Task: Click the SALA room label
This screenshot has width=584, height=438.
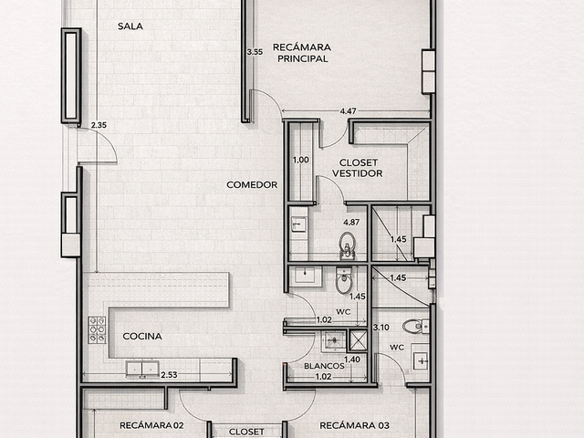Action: pyautogui.click(x=130, y=26)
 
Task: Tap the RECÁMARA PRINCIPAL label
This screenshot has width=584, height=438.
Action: pyautogui.click(x=302, y=53)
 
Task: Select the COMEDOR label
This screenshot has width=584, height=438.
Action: pyautogui.click(x=252, y=184)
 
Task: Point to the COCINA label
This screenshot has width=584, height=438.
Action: pyautogui.click(x=142, y=337)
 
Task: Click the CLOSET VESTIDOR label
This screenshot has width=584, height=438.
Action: pyautogui.click(x=358, y=168)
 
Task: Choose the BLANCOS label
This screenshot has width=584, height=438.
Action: pyautogui.click(x=324, y=366)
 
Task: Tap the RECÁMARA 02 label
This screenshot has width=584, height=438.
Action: pyautogui.click(x=151, y=425)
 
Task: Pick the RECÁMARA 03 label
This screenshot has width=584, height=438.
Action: pyautogui.click(x=355, y=425)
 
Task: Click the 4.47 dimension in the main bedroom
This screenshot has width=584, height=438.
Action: pyautogui.click(x=348, y=111)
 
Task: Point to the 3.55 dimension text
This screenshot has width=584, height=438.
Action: pyautogui.click(x=255, y=52)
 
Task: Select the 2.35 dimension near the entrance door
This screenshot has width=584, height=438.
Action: pyautogui.click(x=99, y=125)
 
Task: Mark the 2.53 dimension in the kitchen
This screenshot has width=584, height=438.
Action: pyautogui.click(x=169, y=375)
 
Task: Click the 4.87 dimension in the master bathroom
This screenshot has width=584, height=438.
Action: pyautogui.click(x=351, y=223)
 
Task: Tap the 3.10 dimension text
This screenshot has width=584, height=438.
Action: pyautogui.click(x=381, y=328)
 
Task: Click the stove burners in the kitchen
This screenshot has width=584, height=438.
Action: pyautogui.click(x=97, y=329)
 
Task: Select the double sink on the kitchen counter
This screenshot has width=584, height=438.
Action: pyautogui.click(x=142, y=369)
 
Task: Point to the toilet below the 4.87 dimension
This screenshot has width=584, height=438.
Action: pyautogui.click(x=348, y=245)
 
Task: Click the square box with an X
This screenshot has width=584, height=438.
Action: pyautogui.click(x=358, y=340)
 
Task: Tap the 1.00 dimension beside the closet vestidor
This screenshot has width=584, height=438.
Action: pyautogui.click(x=300, y=161)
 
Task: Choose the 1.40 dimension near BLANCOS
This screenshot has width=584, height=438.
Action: pyautogui.click(x=352, y=360)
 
